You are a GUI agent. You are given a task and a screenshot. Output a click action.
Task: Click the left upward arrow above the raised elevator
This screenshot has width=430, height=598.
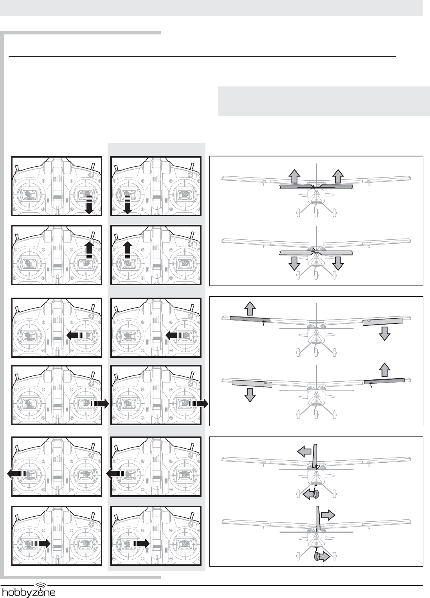(295, 176)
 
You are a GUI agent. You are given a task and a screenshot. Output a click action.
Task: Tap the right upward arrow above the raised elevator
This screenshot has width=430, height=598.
(338, 176)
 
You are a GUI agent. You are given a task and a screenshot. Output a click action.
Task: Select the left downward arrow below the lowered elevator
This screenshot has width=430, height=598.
(294, 264)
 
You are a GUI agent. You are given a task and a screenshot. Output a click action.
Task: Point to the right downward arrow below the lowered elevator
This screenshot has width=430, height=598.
(338, 264)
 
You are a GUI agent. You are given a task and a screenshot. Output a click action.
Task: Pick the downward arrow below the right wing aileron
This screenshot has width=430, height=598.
(385, 334)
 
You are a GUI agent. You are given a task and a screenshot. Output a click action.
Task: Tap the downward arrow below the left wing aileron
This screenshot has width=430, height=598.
(250, 395)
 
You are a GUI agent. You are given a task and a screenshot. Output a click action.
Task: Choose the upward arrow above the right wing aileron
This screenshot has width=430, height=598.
(385, 370)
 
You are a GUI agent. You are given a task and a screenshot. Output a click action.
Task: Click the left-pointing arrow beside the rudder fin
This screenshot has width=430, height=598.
(304, 451)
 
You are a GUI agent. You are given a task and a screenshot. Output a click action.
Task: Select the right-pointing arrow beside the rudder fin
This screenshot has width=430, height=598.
(328, 515)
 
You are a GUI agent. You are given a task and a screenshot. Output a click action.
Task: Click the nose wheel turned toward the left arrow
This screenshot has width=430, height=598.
(316, 495)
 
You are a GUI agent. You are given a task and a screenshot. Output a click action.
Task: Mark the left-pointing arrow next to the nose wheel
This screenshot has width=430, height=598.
(308, 495)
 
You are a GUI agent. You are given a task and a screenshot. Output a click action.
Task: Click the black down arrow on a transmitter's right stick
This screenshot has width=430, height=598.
(89, 205)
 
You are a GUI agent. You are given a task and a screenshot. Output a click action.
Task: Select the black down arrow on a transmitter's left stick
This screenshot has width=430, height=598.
(128, 205)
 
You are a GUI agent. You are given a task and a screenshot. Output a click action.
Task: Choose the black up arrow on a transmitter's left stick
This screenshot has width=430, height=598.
(128, 251)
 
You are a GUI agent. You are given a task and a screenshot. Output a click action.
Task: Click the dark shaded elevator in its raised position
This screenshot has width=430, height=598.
(317, 187)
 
